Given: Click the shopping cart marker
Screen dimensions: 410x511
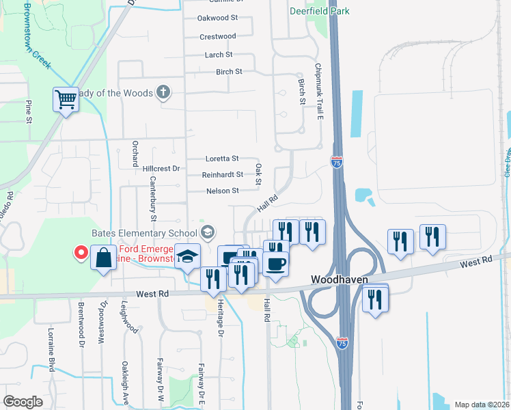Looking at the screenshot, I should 66,100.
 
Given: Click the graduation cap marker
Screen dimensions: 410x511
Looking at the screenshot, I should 187,256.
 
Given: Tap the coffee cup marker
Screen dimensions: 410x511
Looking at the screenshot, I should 275,263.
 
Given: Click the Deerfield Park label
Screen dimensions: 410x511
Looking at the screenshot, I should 319,11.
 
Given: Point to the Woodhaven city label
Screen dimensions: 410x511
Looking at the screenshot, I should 340,279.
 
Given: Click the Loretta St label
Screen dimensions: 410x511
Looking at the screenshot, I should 222,159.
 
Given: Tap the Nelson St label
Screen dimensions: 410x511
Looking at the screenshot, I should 222,191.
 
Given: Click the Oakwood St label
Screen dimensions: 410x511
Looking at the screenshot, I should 217,18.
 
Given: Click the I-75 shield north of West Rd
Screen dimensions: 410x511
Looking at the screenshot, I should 336,162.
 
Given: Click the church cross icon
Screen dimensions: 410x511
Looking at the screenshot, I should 163,92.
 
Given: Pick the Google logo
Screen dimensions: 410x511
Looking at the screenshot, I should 23,402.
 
